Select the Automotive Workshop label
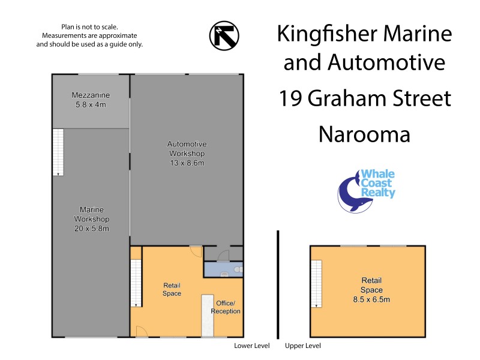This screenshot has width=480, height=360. [187, 154]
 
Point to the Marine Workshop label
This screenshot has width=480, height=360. [92, 219]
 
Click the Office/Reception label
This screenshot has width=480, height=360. [226, 307]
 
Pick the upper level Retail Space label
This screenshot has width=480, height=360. [371, 289]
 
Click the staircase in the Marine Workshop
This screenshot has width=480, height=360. [58, 152]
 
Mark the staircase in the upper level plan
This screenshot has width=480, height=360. [316, 284]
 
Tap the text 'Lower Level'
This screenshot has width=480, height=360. [251, 346]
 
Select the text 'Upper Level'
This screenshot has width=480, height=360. [303, 346]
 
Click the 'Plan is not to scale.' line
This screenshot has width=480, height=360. [89, 27]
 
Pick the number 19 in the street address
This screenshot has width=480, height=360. [290, 98]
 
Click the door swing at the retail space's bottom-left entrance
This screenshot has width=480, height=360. [140, 330]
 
